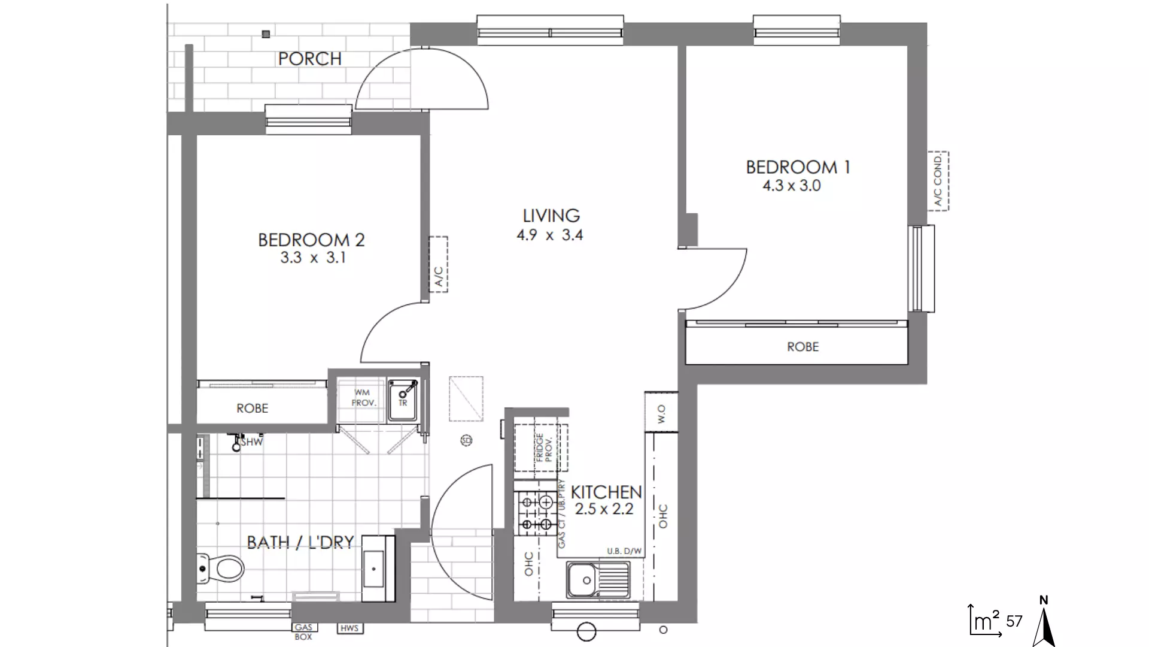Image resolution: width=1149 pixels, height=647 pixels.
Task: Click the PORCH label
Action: pos(309,59)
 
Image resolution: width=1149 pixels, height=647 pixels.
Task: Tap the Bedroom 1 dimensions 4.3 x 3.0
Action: pos(791,186)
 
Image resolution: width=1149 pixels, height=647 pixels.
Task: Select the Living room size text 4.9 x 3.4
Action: pos(549,235)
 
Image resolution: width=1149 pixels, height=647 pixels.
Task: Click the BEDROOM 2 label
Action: pos(311,240)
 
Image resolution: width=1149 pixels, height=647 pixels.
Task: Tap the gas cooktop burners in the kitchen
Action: pos(536,513)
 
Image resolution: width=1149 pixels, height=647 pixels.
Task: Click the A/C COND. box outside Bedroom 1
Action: pos(938,181)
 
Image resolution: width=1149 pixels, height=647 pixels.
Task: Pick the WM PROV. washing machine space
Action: pos(363,399)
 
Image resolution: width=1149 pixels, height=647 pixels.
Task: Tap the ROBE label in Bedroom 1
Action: pos(803,347)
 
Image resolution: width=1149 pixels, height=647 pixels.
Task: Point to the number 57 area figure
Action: pos(1014,621)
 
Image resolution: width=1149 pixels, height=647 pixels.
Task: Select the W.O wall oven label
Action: pos(661,413)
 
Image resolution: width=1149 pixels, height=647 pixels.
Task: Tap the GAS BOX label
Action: pos(303,632)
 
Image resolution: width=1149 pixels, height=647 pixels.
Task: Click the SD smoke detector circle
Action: pos(466,441)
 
